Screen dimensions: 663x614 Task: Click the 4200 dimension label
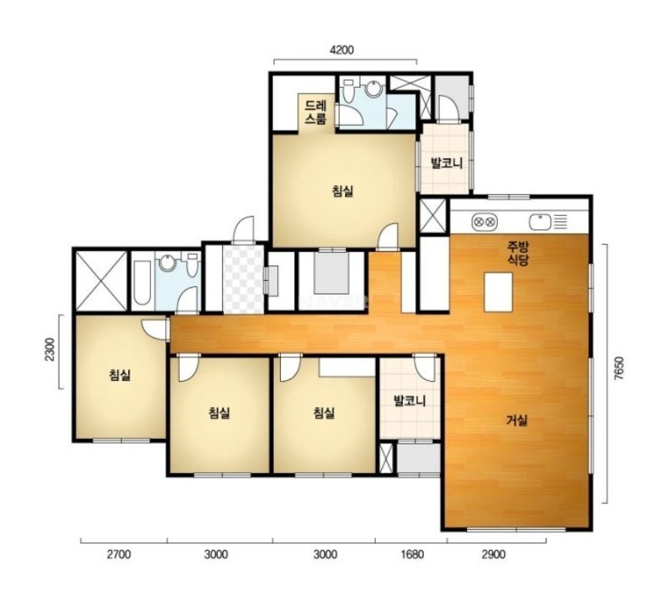pyautogui.click(x=341, y=50)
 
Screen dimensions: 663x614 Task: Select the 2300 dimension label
pyautogui.click(x=49, y=349)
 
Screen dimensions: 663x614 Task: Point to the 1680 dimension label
pyautogui.click(x=412, y=554)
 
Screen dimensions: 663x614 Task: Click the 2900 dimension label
pyautogui.click(x=493, y=554)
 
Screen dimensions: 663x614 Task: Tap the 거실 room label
pyautogui.click(x=517, y=420)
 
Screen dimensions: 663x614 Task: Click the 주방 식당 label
pyautogui.click(x=518, y=253)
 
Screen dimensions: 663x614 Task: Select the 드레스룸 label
pyautogui.click(x=316, y=112)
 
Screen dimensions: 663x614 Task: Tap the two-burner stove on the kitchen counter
pyautogui.click(x=484, y=221)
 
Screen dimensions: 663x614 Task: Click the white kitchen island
pyautogui.click(x=499, y=292)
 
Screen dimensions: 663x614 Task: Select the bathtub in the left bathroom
pyautogui.click(x=142, y=282)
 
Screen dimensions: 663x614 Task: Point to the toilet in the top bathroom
pyautogui.click(x=349, y=89)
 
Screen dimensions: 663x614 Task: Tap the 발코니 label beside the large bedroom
pyautogui.click(x=447, y=163)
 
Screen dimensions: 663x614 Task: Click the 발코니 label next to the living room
pyautogui.click(x=409, y=400)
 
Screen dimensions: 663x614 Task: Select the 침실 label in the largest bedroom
pyautogui.click(x=343, y=191)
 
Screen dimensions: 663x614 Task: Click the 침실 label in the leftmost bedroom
pyautogui.click(x=120, y=374)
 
